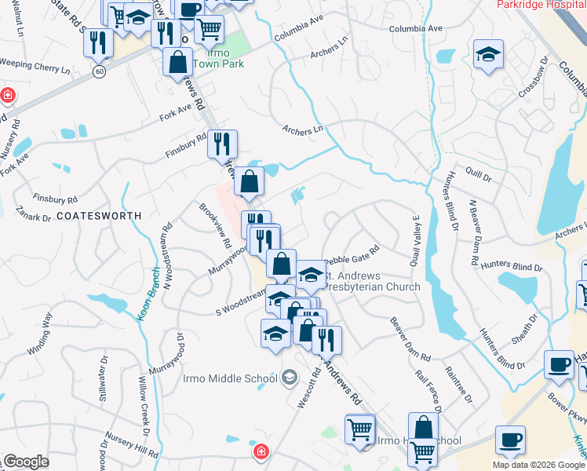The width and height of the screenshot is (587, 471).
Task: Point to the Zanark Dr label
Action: tap(31, 217)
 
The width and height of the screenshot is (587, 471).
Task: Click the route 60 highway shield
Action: tap(98, 71)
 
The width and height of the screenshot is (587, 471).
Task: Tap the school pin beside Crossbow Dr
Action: tap(488, 55)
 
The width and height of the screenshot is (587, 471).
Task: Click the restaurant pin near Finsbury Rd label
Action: tap(222, 144)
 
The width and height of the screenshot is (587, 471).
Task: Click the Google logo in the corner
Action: tap(26, 462)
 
